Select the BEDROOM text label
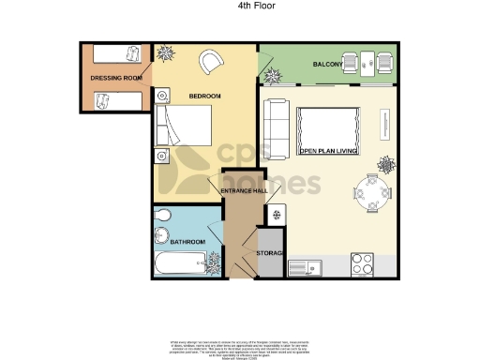(x=203, y=96)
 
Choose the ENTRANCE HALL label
(x=244, y=191)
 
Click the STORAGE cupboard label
(x=270, y=252)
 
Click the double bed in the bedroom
(x=187, y=127)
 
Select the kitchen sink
(x=306, y=268)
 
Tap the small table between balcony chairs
(x=368, y=62)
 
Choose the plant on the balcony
(x=272, y=71)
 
